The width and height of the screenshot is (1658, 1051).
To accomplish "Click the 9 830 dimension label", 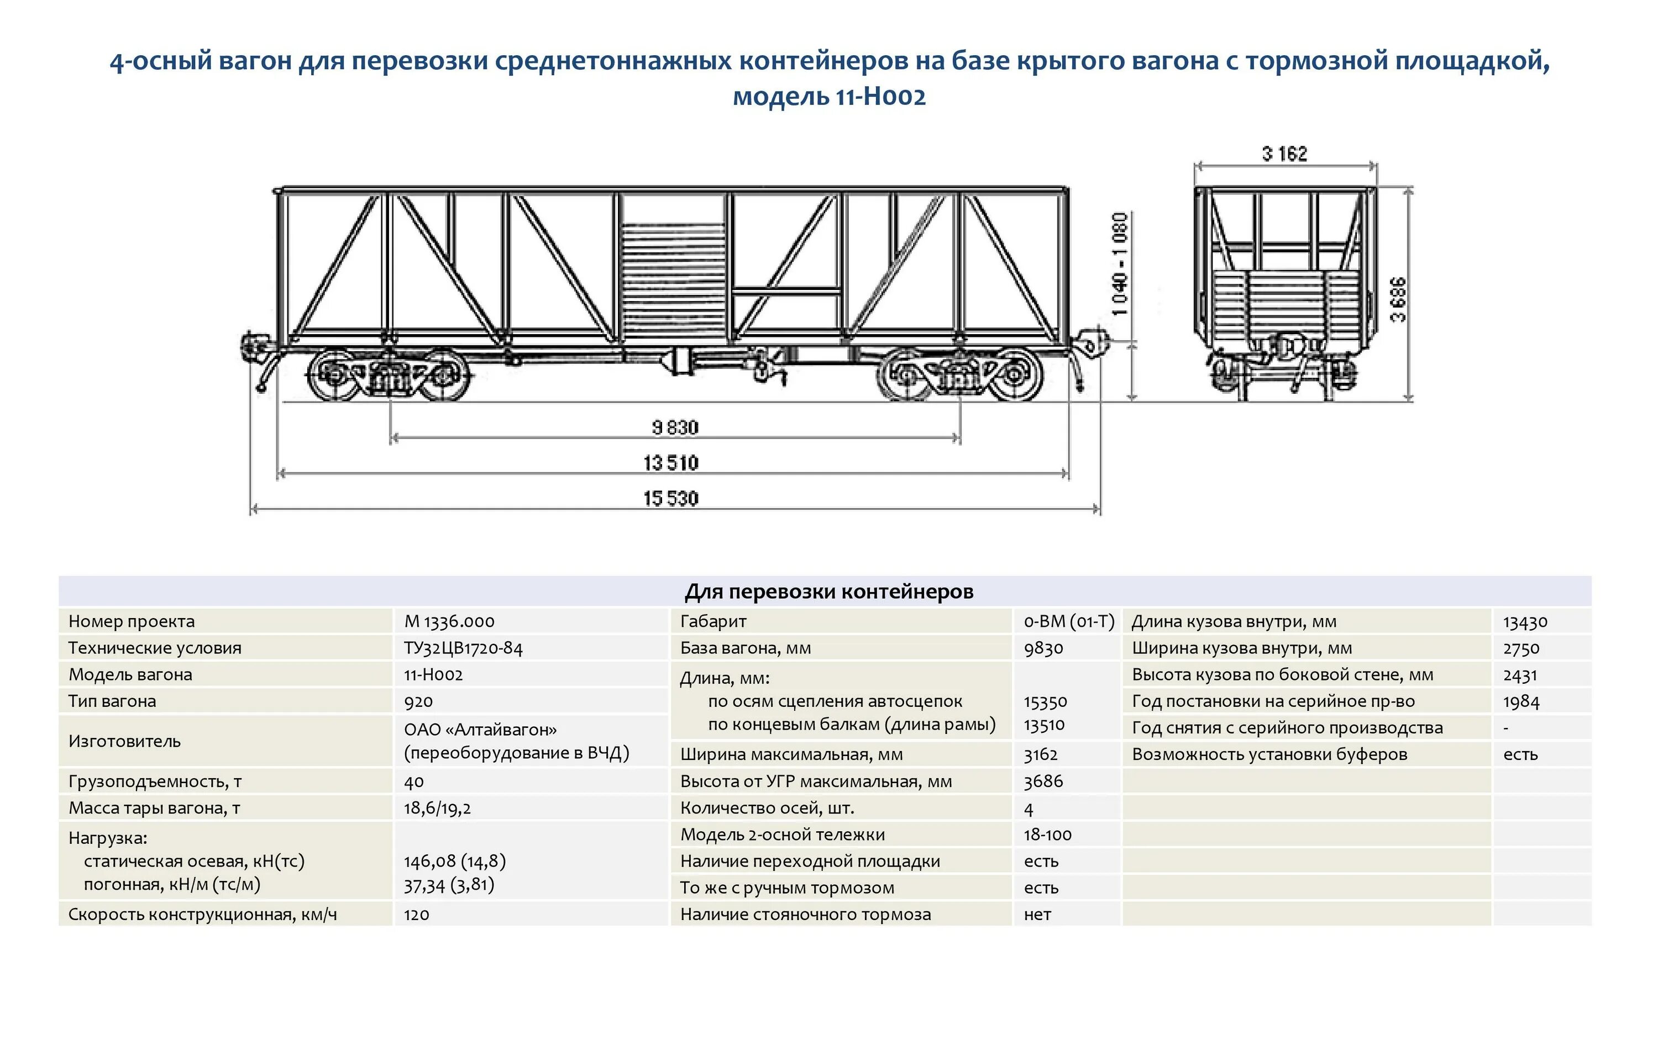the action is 675,427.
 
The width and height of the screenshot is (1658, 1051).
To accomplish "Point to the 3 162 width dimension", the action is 1284,154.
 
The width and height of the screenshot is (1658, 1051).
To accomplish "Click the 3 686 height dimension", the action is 1398,299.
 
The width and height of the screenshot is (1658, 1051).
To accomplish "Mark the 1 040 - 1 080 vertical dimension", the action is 1120,265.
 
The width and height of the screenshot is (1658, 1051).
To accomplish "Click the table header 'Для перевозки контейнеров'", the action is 828,591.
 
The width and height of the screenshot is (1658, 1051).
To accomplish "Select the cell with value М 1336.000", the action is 449,621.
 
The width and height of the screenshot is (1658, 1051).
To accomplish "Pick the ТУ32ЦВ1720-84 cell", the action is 463,648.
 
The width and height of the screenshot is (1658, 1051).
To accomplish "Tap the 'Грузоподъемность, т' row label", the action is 155,781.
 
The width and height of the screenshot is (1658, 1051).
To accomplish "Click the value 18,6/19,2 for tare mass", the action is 437,807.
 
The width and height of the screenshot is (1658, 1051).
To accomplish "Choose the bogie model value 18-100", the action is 1047,834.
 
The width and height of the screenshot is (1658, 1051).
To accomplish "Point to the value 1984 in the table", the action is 1521,701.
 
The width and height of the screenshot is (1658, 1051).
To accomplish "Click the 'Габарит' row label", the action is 712,621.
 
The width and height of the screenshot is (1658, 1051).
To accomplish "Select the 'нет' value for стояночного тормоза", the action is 1037,914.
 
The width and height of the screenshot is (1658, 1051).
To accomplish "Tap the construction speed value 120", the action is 417,914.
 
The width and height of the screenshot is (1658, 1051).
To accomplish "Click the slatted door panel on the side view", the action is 673,282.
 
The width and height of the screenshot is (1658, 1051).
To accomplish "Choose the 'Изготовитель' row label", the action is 124,741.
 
